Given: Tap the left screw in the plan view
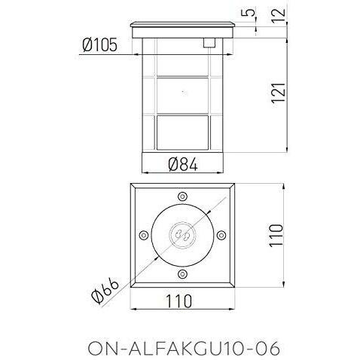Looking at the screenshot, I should [x=144, y=235].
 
